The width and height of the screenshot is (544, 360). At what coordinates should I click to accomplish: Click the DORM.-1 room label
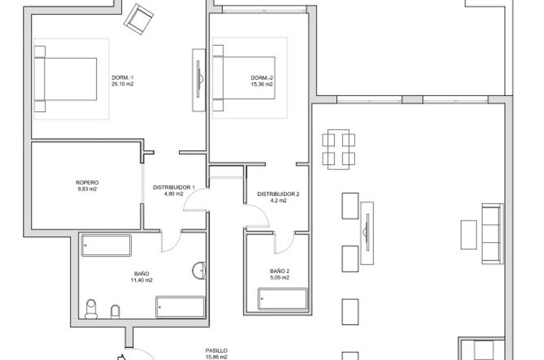point(122,78)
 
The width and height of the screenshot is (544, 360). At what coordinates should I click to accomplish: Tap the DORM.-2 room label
point(261,78)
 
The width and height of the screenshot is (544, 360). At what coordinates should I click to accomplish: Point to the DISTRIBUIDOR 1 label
point(173,188)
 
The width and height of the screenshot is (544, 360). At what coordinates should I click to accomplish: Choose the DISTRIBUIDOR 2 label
point(278,194)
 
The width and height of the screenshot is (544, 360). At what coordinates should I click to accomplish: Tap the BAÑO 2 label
point(279,271)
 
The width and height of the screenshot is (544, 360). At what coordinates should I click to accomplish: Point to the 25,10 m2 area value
point(122,84)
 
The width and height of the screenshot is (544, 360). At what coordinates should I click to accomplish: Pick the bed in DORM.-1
point(65,79)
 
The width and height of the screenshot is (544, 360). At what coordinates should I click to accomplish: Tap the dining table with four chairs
point(338,149)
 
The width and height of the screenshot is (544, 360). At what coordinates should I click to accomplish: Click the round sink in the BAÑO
point(199,270)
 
